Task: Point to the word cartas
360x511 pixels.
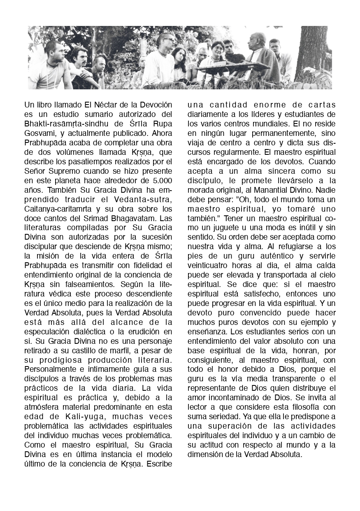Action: tap(321, 105)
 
